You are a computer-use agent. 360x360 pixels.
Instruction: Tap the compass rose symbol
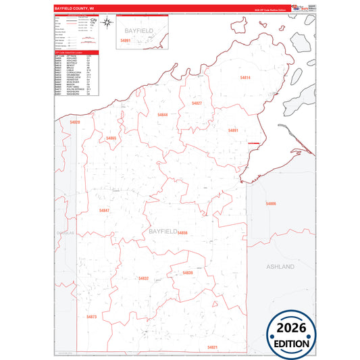point(107,23)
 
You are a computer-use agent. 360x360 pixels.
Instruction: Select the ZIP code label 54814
point(245,78)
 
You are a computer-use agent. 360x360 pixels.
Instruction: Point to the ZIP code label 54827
point(197,103)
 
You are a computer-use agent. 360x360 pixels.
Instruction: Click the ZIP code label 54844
point(163,115)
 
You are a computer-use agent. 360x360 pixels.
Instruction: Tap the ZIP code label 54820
point(74,122)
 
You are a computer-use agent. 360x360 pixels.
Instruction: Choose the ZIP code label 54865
point(111,138)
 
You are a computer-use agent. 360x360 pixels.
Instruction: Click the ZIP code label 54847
point(103,211)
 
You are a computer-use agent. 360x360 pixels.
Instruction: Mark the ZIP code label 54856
point(182,233)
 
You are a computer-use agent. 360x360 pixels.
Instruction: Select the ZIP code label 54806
point(271,203)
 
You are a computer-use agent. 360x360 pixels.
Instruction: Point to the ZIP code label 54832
point(143,278)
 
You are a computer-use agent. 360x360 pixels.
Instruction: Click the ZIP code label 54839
point(188,273)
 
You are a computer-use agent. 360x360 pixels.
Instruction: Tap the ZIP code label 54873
point(92,317)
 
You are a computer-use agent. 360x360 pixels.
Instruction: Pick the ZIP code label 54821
point(213,347)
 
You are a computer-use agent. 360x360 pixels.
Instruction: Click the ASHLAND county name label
point(281,267)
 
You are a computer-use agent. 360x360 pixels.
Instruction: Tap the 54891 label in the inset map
point(125,41)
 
